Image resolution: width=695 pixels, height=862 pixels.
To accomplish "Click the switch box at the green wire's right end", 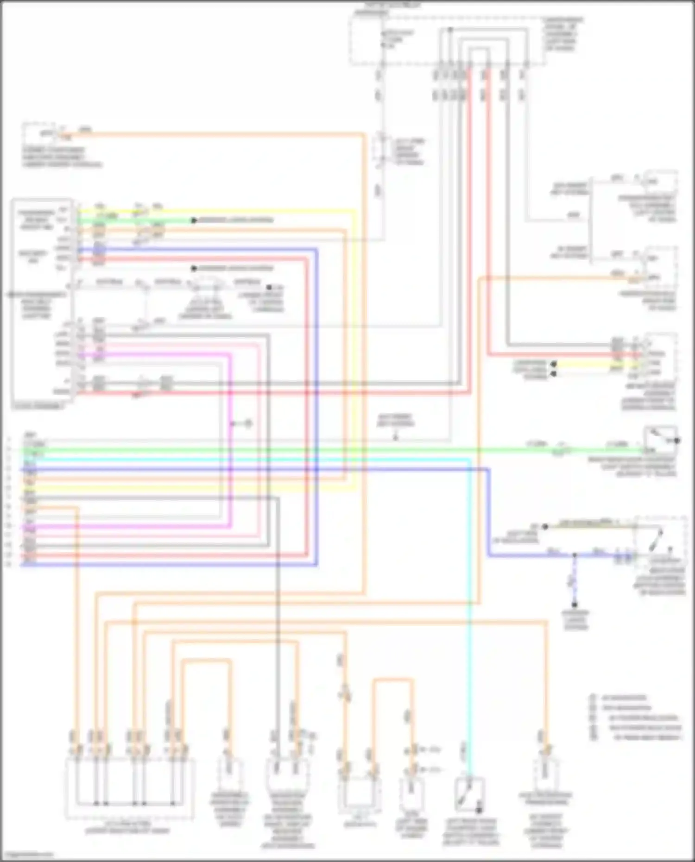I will (661, 440).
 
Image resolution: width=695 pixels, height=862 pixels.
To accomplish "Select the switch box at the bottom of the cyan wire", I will (470, 794).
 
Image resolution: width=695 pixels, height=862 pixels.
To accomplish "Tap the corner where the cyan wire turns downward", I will (470, 459).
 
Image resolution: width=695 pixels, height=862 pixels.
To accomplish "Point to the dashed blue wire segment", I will (574, 579).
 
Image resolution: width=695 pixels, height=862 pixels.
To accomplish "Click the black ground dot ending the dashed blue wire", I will (574, 604).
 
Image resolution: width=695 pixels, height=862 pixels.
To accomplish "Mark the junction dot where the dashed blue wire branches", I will (574, 554).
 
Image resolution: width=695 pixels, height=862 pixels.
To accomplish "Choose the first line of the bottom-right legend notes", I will (623, 698).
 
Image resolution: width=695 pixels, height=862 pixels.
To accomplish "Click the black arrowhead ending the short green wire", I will (195, 220).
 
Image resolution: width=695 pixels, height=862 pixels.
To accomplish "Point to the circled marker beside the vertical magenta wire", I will (248, 423).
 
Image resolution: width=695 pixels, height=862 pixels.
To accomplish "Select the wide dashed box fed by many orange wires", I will (130, 787).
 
